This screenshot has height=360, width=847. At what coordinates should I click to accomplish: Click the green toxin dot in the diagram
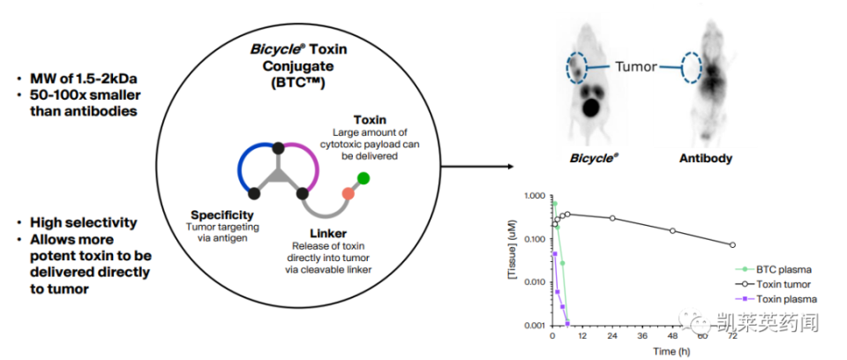click(364, 178)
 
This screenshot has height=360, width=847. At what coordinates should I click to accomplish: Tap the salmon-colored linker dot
click(349, 193)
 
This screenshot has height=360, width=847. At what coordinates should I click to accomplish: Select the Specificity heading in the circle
click(222, 214)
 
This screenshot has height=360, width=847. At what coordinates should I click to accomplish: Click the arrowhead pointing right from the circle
click(511, 165)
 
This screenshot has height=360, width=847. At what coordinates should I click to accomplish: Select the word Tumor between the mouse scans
click(635, 66)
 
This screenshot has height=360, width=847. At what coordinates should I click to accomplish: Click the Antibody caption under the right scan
click(705, 159)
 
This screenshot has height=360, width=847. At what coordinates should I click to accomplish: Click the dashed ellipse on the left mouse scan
click(577, 66)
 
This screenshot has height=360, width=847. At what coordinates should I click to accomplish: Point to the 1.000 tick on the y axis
click(535, 195)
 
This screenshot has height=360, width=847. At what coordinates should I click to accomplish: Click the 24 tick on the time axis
click(612, 336)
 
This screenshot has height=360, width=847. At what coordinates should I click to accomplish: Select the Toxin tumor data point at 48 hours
click(673, 230)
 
